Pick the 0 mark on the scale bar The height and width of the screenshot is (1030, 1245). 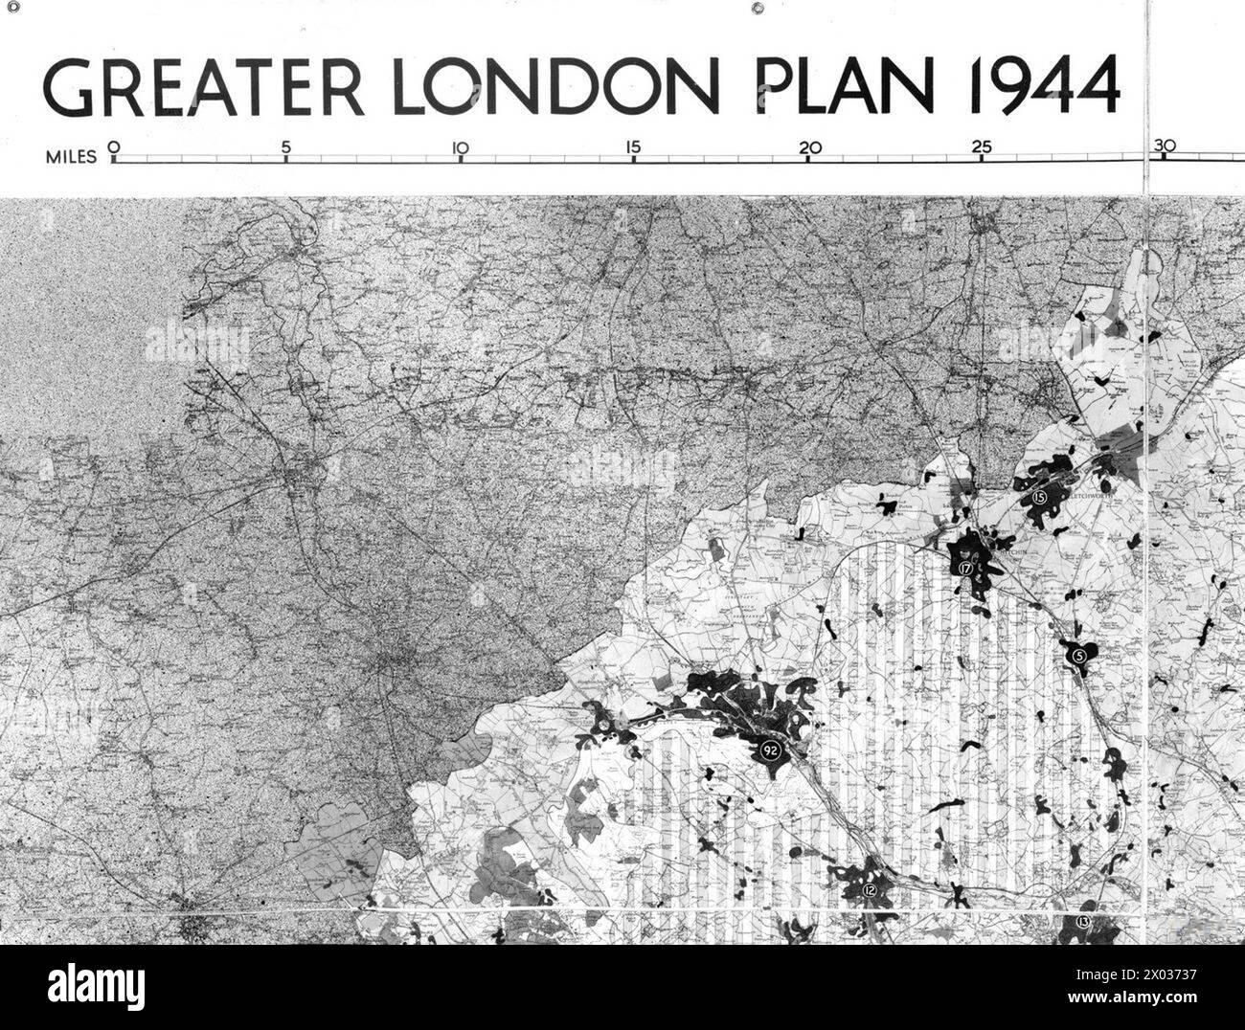coord(113,148)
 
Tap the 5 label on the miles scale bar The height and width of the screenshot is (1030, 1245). coord(285,148)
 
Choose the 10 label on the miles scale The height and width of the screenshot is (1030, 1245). coord(460,148)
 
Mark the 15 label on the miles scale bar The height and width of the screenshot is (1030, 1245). coord(632,148)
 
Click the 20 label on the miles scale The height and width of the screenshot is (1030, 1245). coord(810,148)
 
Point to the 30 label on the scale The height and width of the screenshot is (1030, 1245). coord(1164,146)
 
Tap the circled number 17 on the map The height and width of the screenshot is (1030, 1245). coord(964,568)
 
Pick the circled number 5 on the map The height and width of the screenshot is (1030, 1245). coord(1079,656)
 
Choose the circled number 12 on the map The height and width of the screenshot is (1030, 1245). coord(869,890)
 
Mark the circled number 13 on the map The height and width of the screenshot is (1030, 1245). coord(1083,922)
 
